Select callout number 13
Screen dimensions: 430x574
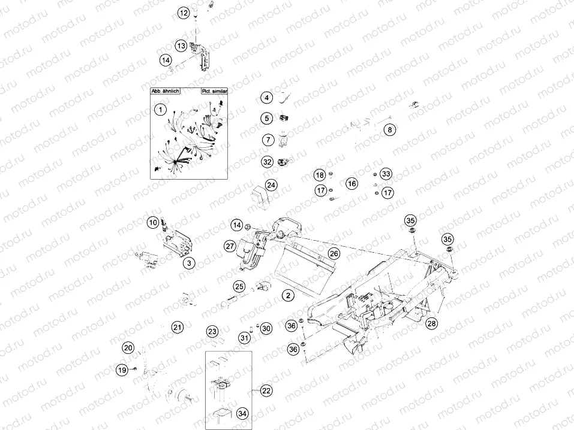(181, 46)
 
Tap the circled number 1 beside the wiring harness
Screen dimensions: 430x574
(160, 110)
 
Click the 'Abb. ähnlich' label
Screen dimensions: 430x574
(164, 92)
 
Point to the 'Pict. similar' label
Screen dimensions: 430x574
(212, 92)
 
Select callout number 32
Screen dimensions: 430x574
(267, 162)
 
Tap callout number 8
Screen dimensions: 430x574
(389, 130)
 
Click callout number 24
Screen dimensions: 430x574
(272, 185)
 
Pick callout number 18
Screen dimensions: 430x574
(320, 175)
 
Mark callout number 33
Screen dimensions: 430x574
(386, 174)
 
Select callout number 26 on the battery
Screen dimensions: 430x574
(333, 253)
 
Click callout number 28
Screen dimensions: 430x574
(431, 323)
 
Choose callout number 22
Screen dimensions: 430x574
(266, 390)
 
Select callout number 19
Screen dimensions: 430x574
(122, 371)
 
